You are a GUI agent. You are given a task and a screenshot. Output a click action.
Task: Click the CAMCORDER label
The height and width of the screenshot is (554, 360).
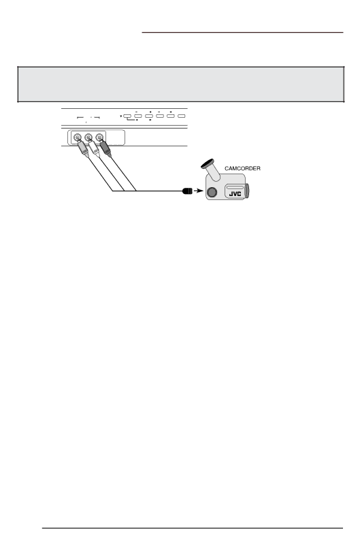tap(242, 169)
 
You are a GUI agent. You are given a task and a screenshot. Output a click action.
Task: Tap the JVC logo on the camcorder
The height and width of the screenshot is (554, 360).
tap(235, 194)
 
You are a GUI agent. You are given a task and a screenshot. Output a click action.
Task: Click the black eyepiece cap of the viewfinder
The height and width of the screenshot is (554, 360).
tap(208, 163)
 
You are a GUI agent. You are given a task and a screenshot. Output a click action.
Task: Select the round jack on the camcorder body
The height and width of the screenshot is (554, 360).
tap(211, 192)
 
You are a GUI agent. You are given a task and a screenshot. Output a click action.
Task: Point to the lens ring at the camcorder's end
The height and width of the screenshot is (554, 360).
tap(247, 191)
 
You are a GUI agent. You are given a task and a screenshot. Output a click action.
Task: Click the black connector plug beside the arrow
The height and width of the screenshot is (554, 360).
tap(187, 191)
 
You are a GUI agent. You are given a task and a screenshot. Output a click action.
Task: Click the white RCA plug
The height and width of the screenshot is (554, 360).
tap(94, 149)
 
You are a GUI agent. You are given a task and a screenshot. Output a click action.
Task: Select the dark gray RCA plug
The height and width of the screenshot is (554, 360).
tap(105, 149)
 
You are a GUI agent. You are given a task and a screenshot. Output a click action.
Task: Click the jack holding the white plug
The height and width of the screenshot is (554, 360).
tap(88, 137)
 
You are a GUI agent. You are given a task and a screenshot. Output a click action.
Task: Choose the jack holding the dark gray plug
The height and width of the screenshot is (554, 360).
tap(100, 137)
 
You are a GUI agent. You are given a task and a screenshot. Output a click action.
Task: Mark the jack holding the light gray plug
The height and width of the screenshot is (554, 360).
tap(76, 137)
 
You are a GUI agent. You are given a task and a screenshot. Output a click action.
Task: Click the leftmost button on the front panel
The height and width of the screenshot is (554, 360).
tap(127, 116)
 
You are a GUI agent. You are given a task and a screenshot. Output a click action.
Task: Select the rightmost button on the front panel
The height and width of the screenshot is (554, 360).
tap(182, 116)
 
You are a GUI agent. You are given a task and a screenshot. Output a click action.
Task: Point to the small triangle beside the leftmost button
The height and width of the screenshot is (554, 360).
tap(121, 116)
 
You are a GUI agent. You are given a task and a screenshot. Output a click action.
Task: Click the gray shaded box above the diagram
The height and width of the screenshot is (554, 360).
tap(181, 84)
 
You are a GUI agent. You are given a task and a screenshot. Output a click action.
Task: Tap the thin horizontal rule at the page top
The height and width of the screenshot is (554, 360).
tap(242, 33)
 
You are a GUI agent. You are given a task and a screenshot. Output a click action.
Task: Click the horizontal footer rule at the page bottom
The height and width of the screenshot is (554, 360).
tap(193, 528)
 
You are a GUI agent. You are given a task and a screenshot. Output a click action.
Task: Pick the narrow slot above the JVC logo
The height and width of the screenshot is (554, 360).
tap(235, 188)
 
